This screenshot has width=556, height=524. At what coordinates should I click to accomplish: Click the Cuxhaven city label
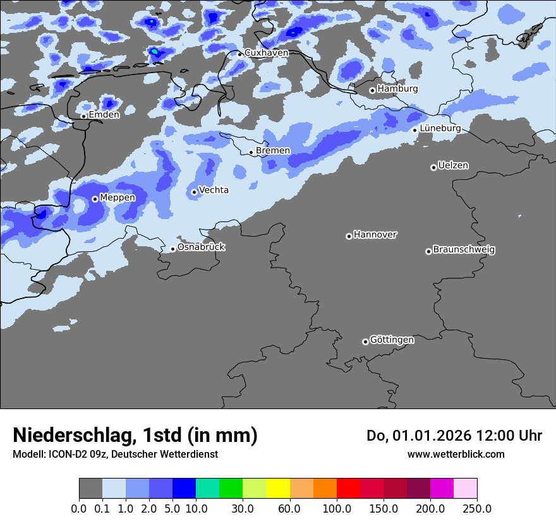[x=266, y=53]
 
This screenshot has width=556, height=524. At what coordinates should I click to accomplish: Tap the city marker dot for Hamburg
[x=372, y=90]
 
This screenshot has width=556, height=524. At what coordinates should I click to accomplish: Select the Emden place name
[x=104, y=115]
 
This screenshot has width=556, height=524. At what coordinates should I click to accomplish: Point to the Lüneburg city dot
[x=415, y=130]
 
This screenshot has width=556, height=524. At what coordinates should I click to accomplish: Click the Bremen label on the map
[x=273, y=151]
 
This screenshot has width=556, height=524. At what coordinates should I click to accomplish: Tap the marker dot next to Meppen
[x=95, y=199]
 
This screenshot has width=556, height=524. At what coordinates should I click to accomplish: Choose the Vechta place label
[x=214, y=191]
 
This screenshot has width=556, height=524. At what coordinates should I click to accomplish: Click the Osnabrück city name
[x=201, y=247]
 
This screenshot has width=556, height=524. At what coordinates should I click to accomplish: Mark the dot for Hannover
[x=349, y=236]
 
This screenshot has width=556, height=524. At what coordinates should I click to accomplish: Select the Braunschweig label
[x=464, y=250]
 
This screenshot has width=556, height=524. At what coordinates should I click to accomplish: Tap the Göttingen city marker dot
[x=365, y=342]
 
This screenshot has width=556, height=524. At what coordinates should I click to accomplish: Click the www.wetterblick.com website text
[x=456, y=454]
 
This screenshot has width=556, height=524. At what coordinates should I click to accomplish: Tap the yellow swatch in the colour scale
[x=278, y=489]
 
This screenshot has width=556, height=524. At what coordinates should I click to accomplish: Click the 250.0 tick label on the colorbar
[x=477, y=508]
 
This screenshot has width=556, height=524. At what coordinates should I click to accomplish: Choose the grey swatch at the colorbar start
[x=90, y=489]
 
